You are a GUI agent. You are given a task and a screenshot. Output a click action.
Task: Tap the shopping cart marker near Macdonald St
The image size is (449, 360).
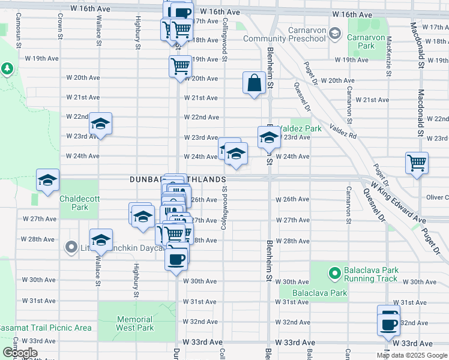[417, 162]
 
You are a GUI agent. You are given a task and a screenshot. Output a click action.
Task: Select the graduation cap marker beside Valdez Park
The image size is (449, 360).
[269, 138]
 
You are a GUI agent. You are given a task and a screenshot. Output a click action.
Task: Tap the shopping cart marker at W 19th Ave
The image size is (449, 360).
[179, 67]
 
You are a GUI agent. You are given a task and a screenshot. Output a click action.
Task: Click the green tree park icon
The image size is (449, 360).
[8, 69]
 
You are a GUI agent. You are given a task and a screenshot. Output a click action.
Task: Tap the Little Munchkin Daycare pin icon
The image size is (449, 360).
[71, 247]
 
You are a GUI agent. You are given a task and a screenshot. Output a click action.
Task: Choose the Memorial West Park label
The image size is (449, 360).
[135, 323]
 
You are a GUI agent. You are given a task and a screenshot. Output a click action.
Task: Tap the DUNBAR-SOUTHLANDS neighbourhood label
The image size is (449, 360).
[178, 179]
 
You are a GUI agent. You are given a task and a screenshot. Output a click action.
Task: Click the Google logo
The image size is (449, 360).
[20, 352]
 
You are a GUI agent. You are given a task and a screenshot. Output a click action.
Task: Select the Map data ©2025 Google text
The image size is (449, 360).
[411, 355]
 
